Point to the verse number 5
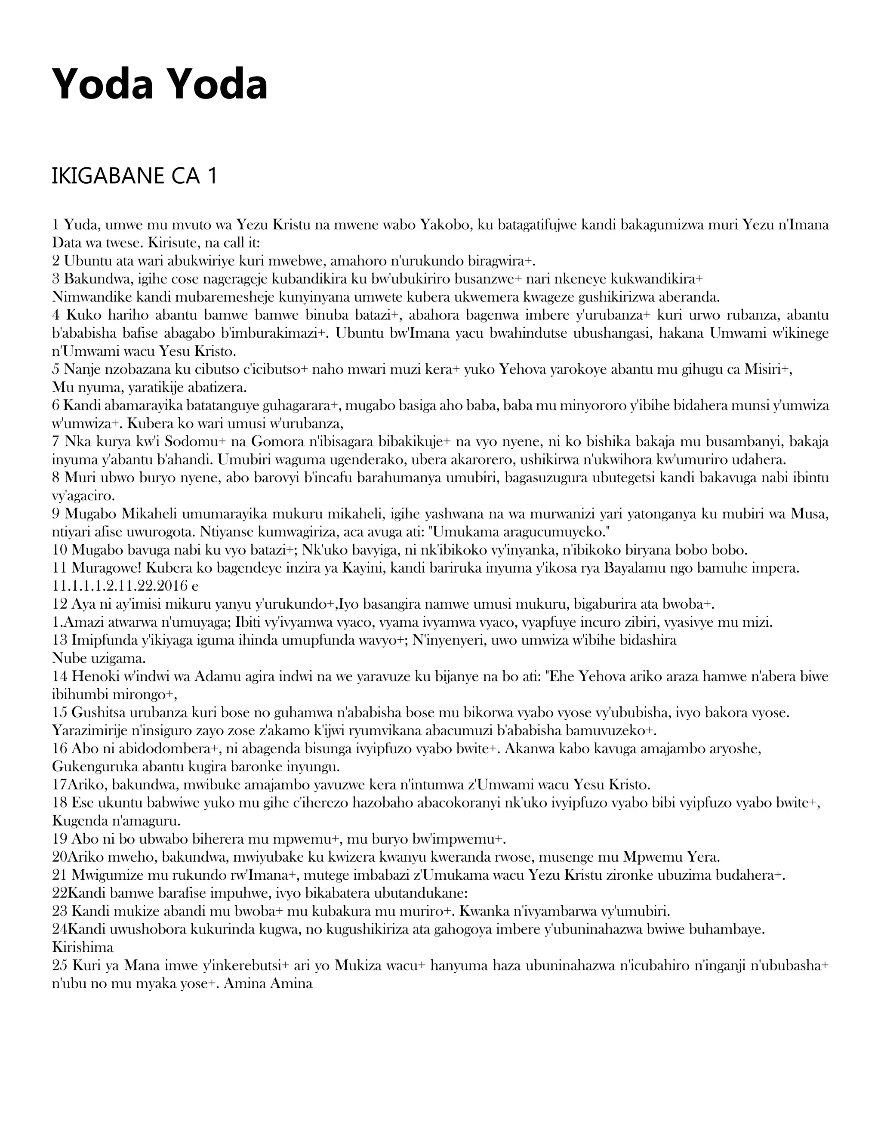56,370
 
